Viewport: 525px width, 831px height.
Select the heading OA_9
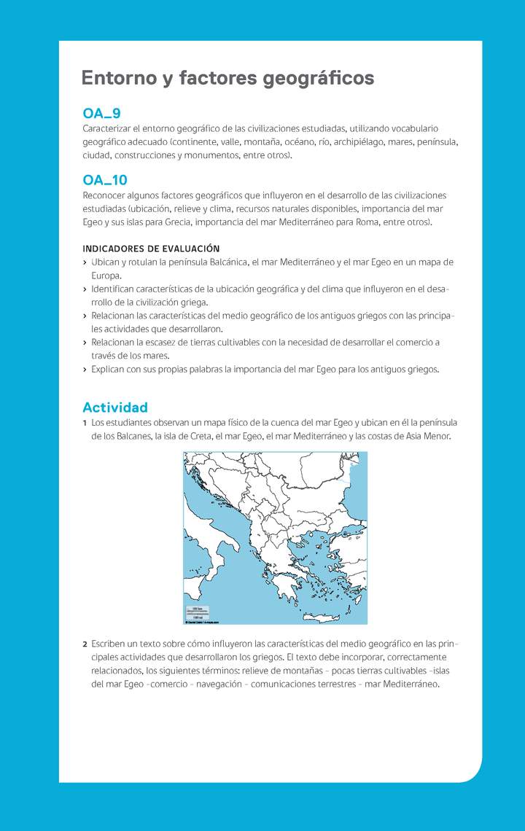(101, 114)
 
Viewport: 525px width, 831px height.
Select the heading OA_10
(105, 180)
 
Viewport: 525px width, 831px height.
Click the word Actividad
(115, 407)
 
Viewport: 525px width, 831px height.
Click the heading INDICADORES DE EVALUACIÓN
(151, 249)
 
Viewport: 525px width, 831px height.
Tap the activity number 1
(85, 423)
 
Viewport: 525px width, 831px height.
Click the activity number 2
(85, 644)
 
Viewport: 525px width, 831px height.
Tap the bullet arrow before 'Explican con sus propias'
(85, 370)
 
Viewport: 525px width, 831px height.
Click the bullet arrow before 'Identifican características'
(85, 289)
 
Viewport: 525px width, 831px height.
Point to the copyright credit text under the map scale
(203, 622)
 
